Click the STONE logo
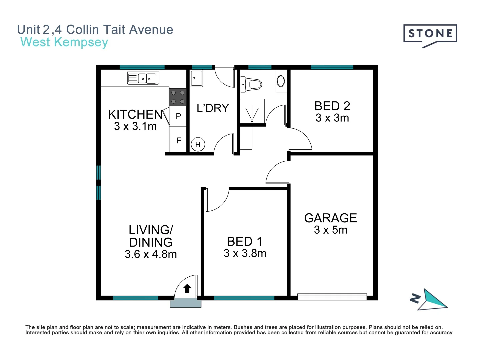coord(430,34)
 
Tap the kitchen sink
coord(143,78)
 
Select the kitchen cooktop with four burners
coord(178,97)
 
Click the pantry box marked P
coord(178,116)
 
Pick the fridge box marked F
coord(178,140)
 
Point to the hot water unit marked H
coord(198,144)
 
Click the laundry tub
coord(196,79)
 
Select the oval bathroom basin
coord(281,81)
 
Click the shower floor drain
coord(252,120)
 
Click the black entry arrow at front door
coord(187,288)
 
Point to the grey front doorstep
coord(186,303)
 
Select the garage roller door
coord(332,297)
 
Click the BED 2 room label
coord(332,106)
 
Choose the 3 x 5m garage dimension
coord(330,230)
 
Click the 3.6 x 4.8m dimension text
coord(151,254)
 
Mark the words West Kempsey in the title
coord(64,42)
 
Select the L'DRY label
coord(213,108)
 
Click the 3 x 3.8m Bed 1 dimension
coord(245,253)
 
